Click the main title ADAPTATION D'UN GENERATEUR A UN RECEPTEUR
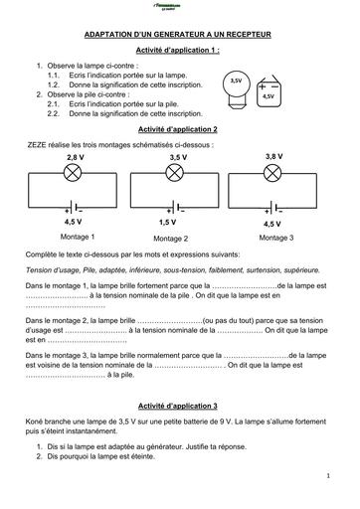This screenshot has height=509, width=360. [x=179, y=32]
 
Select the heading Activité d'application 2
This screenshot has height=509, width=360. [x=179, y=130]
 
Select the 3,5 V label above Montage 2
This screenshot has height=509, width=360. [x=178, y=159]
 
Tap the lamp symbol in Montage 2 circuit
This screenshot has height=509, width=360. [x=178, y=173]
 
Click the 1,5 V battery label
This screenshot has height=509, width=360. [x=167, y=223]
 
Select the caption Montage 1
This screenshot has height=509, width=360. [x=78, y=237]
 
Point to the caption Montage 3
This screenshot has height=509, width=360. [x=275, y=238]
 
